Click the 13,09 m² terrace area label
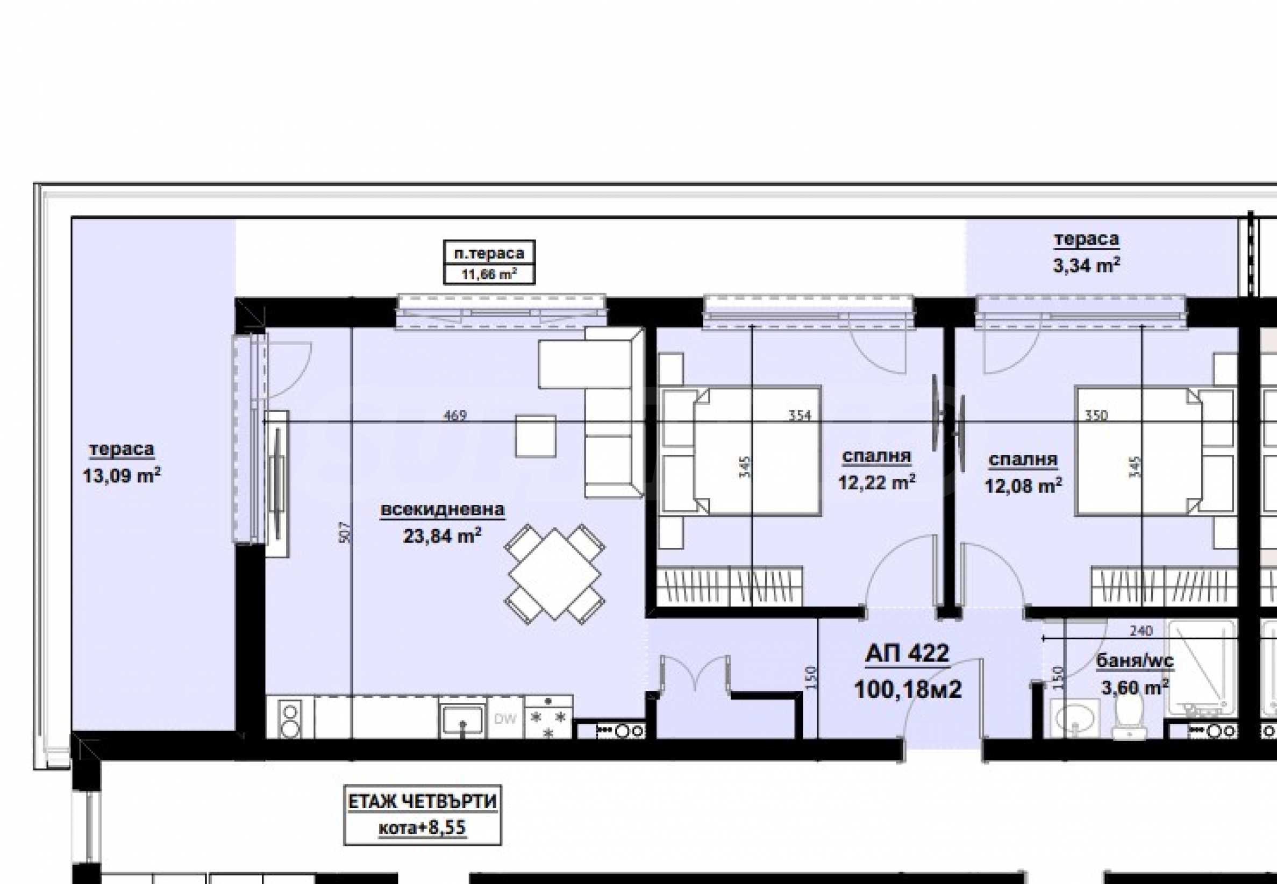coord(122,476)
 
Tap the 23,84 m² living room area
coord(442,536)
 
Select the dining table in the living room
coord(554,573)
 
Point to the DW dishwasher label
coord(505,719)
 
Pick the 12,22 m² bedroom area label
coord(876,482)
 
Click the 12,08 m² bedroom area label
coord(1023,486)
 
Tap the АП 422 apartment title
coord(907,653)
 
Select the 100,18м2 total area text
coord(908,689)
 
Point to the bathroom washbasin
coord(1075,719)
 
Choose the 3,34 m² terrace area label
coord(1086,265)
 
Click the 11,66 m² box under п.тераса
coord(489,274)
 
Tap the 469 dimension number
coord(455,415)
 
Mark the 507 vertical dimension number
coord(345,533)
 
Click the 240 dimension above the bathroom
coord(1141,631)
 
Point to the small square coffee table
coord(536,437)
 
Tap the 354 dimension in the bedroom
coord(800,415)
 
